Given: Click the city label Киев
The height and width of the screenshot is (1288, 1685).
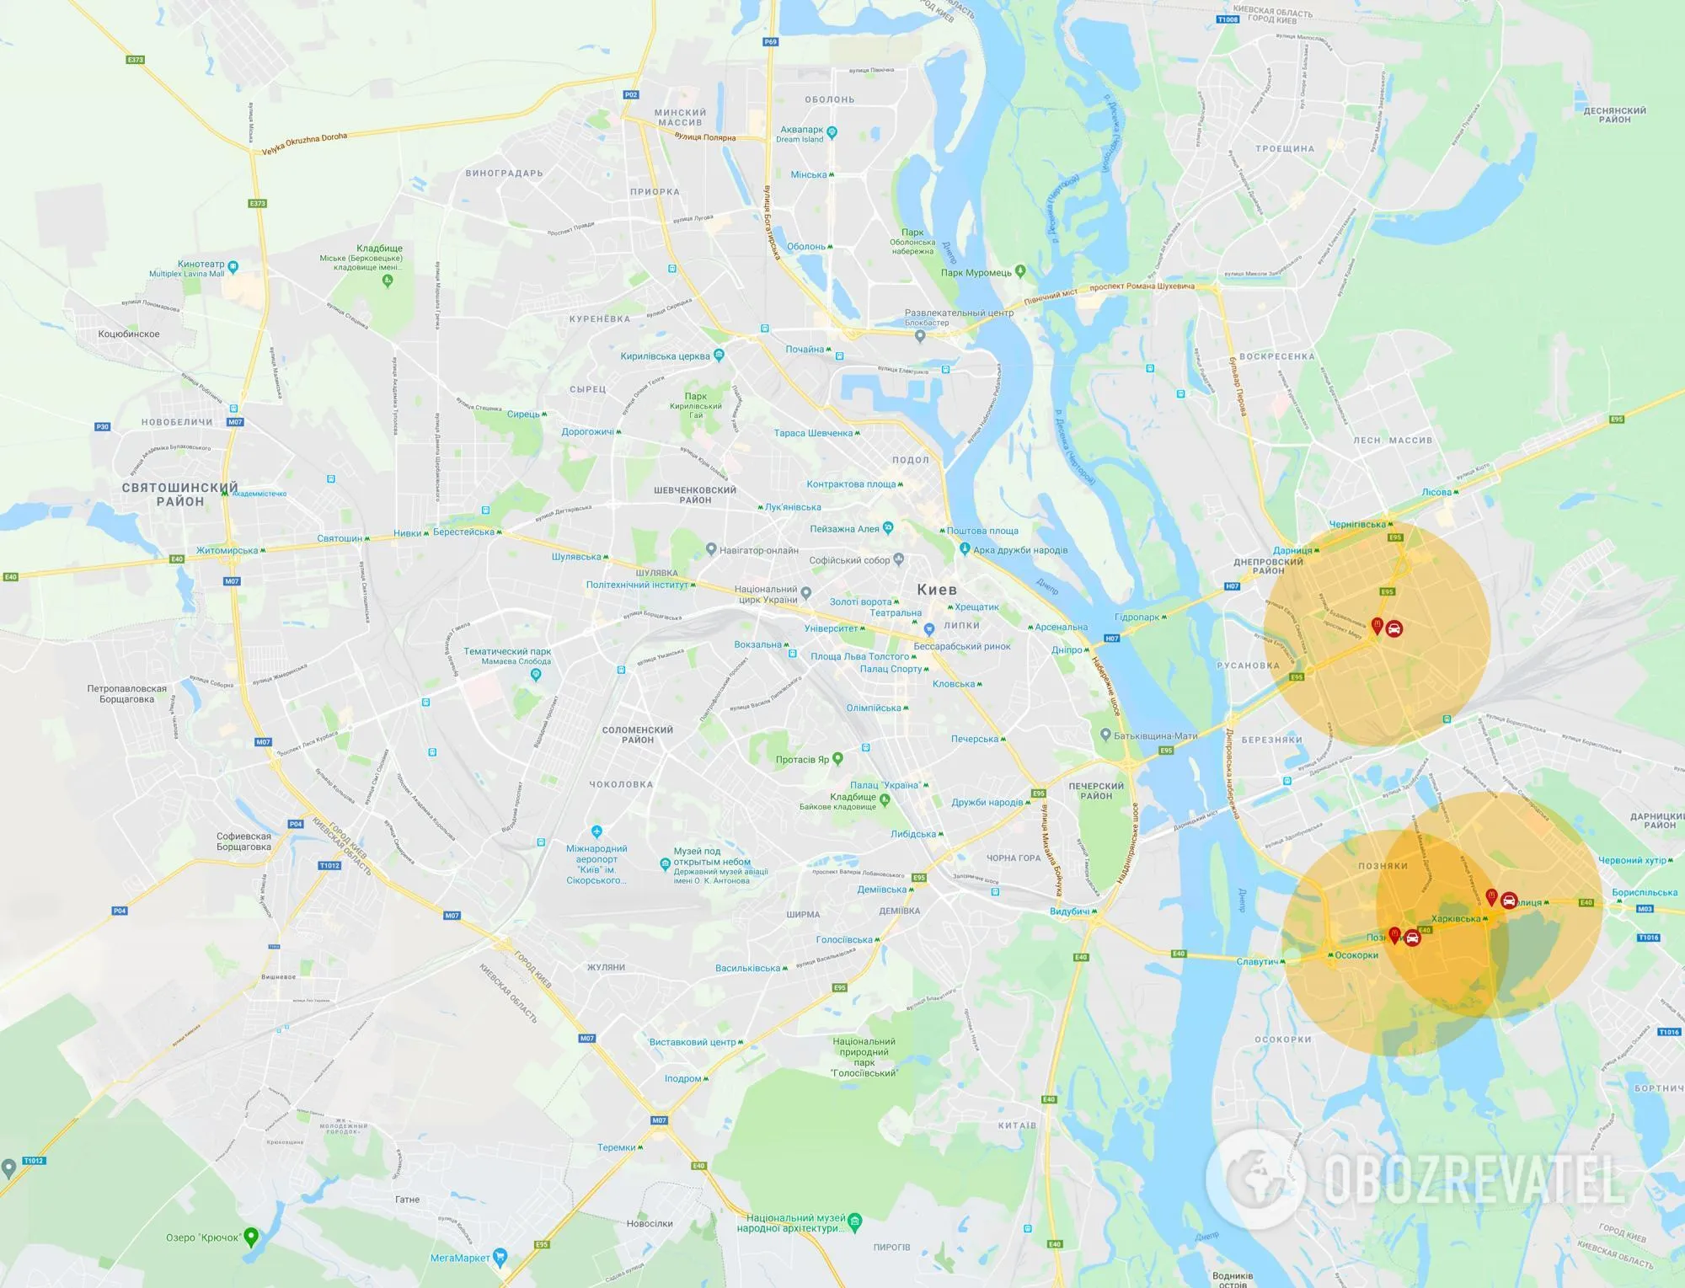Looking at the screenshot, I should [937, 590].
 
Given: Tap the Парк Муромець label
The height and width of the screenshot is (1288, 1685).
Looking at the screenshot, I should [976, 273].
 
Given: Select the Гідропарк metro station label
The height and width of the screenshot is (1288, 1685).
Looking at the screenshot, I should [1137, 617].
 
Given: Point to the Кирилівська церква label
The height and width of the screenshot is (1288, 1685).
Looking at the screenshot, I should [666, 356].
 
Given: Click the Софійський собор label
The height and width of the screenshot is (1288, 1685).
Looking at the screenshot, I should [849, 560].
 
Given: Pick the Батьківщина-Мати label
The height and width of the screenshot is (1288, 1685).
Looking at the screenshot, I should [1155, 735].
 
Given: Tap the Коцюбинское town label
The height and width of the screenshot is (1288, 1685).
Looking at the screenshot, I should [129, 334].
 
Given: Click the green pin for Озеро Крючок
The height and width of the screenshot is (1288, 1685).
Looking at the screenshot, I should [250, 1237].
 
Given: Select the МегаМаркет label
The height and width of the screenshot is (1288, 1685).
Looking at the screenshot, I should [460, 1258].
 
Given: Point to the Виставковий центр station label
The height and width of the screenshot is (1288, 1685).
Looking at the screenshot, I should [693, 1042].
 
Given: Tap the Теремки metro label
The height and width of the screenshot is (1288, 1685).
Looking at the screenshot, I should [617, 1147].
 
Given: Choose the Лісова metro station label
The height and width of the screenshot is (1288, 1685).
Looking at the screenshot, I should [1437, 492].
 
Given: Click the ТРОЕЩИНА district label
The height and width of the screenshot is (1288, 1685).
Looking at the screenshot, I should [1285, 149].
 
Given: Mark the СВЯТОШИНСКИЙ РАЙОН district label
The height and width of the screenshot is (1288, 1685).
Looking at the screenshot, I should [179, 494].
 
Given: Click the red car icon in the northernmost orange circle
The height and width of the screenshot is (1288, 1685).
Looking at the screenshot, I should [1394, 628].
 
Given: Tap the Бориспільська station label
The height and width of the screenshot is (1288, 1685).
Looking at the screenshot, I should [1645, 892].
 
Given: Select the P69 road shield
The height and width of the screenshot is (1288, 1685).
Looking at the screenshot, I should [770, 41].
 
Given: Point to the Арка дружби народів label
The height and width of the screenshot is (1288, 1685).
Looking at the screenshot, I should [1020, 550].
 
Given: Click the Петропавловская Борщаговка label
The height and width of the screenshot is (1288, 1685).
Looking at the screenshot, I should [127, 693].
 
